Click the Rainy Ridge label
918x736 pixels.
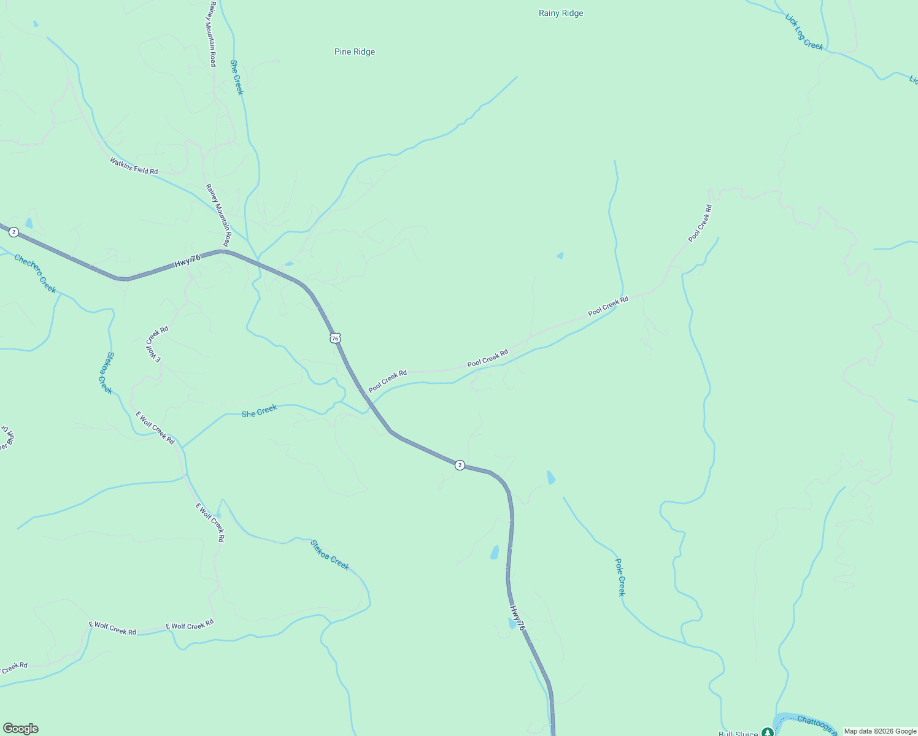pyautogui.click(x=561, y=13)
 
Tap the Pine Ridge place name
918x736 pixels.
pyautogui.click(x=355, y=52)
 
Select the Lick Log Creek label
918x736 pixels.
pyautogui.click(x=804, y=32)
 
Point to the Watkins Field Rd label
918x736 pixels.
pyautogui.click(x=134, y=166)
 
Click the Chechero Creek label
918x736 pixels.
pyautogui.click(x=35, y=274)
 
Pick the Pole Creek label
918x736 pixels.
pyautogui.click(x=620, y=577)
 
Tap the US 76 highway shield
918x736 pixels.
pyautogui.click(x=334, y=338)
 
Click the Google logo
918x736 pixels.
pyautogui.click(x=21, y=729)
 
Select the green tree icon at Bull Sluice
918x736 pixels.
pyautogui.click(x=767, y=732)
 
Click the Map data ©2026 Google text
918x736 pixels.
pyautogui.click(x=880, y=731)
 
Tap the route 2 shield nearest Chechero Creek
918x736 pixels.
pyautogui.click(x=13, y=232)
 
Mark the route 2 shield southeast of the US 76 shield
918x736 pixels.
pyautogui.click(x=460, y=465)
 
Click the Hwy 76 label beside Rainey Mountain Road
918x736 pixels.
pyautogui.click(x=187, y=260)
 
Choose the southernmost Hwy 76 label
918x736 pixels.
pyautogui.click(x=517, y=618)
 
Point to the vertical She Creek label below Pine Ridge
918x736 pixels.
pyautogui.click(x=237, y=77)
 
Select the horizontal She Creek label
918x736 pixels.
pyautogui.click(x=259, y=411)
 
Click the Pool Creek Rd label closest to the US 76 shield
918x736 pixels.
pyautogui.click(x=388, y=381)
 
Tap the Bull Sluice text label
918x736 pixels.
pyautogui.click(x=738, y=733)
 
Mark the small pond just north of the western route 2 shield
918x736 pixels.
pyautogui.click(x=29, y=223)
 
